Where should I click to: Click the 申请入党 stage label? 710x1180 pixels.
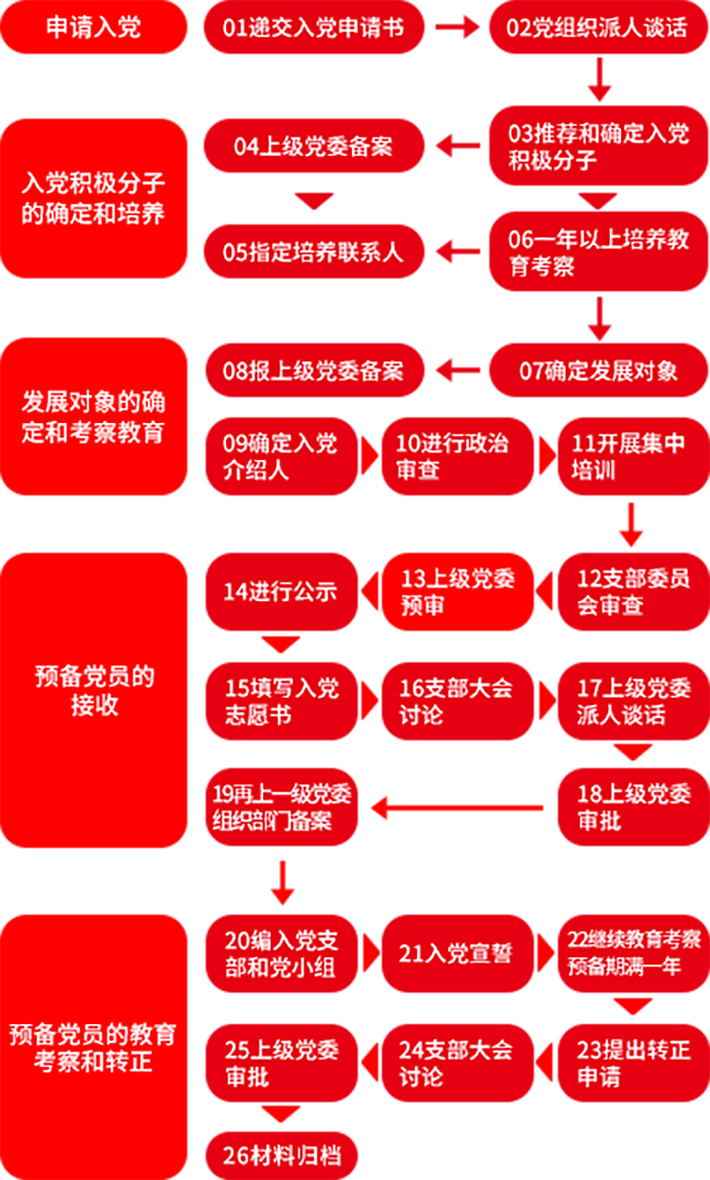pyautogui.click(x=94, y=27)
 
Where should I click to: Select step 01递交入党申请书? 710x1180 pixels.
pyautogui.click(x=313, y=27)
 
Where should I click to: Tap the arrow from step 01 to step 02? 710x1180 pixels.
pyautogui.click(x=456, y=27)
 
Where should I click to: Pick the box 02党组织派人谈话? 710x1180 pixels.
pyautogui.click(x=598, y=27)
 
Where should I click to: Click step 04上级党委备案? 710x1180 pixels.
pyautogui.click(x=313, y=146)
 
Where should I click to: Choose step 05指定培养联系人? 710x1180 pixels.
pyautogui.click(x=313, y=251)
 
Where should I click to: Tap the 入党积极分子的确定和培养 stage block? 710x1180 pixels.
pyautogui.click(x=94, y=199)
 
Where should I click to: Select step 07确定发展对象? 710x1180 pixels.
pyautogui.click(x=598, y=371)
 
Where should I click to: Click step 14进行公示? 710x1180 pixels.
pyautogui.click(x=281, y=591)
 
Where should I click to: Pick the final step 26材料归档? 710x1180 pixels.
pyautogui.click(x=281, y=1156)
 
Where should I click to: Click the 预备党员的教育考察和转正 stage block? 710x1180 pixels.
pyautogui.click(x=94, y=1046)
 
